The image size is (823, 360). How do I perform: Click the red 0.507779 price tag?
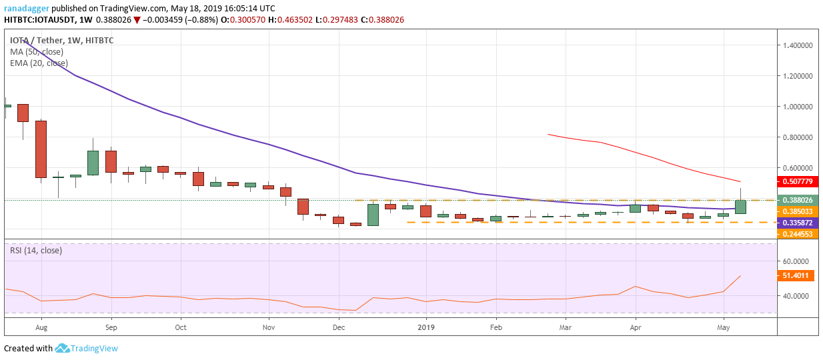pyautogui.click(x=798, y=181)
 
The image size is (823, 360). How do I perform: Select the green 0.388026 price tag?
pyautogui.click(x=798, y=200)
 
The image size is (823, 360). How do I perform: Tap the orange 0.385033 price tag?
pyautogui.click(x=798, y=211)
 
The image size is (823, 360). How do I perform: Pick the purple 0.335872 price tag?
pyautogui.click(x=798, y=223)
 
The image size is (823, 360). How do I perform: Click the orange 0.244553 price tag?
pyautogui.click(x=798, y=234)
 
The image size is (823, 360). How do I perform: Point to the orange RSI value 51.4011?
pyautogui.click(x=798, y=275)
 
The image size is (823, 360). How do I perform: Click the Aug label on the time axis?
pyautogui.click(x=41, y=328)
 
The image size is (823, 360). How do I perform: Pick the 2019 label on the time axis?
pyautogui.click(x=426, y=328)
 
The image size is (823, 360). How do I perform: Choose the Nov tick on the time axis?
pyautogui.click(x=268, y=328)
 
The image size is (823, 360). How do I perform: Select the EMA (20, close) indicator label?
pyautogui.click(x=39, y=63)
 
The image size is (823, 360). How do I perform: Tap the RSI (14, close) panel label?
pyautogui.click(x=36, y=251)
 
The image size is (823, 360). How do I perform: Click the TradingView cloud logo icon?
pyautogui.click(x=63, y=348)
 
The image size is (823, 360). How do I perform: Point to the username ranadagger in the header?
pyautogui.click(x=25, y=9)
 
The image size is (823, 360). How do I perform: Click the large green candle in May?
pyautogui.click(x=740, y=207)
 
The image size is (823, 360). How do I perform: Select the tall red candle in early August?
pyautogui.click(x=41, y=149)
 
